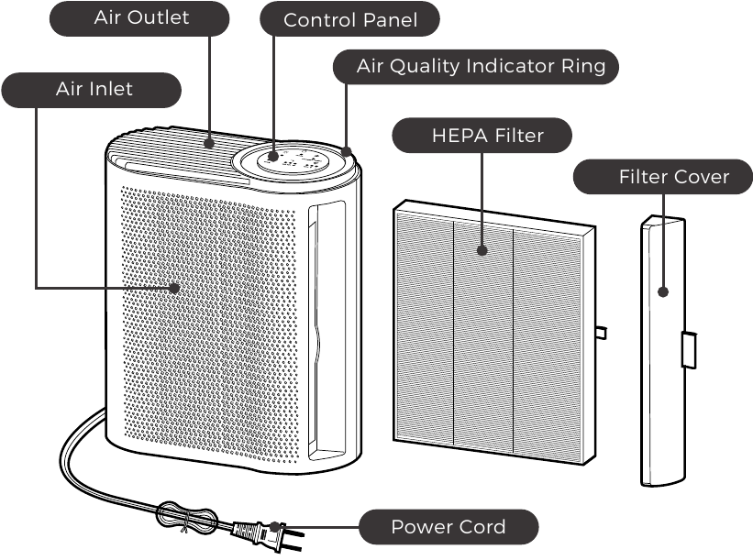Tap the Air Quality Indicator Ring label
point(474,66)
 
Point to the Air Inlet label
point(94,89)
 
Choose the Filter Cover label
point(660,176)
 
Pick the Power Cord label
point(448,527)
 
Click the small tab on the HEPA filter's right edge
point(601,331)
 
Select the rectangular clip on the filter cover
point(689,351)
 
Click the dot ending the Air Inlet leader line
point(174,288)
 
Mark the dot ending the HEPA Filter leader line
point(482,248)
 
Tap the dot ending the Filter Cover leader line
point(661,291)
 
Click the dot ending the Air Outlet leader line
point(211,142)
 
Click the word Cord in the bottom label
point(481,527)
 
